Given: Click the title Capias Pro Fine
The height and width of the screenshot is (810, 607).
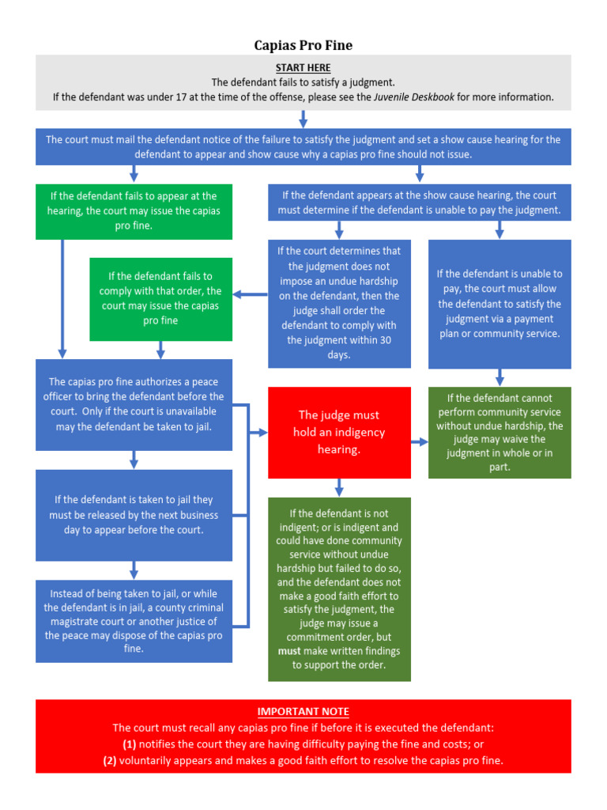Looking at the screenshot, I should [x=303, y=45].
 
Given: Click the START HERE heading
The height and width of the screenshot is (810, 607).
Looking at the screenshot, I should [x=303, y=68].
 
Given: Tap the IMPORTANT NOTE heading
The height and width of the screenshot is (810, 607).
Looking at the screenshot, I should [x=303, y=712].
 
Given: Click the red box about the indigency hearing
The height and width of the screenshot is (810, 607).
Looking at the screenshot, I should [x=339, y=433].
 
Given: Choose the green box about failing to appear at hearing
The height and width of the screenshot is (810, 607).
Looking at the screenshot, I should [x=134, y=211].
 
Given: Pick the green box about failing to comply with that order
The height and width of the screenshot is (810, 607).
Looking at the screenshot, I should [x=160, y=299].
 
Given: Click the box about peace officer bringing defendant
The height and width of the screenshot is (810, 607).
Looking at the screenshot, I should [x=134, y=404].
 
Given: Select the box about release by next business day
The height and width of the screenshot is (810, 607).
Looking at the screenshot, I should [x=134, y=515].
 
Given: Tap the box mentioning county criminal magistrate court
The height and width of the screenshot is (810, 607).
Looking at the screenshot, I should [x=134, y=621].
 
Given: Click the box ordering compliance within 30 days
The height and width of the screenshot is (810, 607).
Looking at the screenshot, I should [x=339, y=304].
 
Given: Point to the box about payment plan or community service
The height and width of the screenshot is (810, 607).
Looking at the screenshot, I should [x=500, y=304].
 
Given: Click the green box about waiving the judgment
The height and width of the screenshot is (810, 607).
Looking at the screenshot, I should [x=500, y=433].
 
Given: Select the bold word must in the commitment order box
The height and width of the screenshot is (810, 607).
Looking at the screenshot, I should [x=289, y=651].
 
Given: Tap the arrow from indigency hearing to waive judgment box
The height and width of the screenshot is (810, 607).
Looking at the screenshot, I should [x=420, y=441].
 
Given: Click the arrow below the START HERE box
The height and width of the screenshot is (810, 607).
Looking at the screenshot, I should [x=303, y=119].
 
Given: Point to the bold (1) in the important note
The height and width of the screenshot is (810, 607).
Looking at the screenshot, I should [x=129, y=744].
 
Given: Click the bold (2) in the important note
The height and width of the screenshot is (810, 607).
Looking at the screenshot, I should [x=110, y=760].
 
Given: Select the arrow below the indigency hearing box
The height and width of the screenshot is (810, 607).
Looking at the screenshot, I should [x=339, y=487].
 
